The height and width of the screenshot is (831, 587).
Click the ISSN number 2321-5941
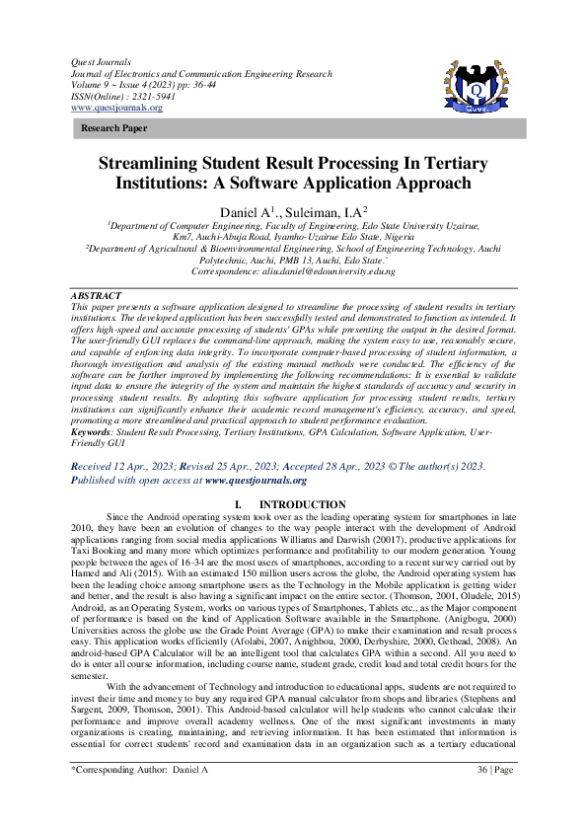tap(159, 98)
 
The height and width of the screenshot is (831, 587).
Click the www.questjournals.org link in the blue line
tap(256, 481)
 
